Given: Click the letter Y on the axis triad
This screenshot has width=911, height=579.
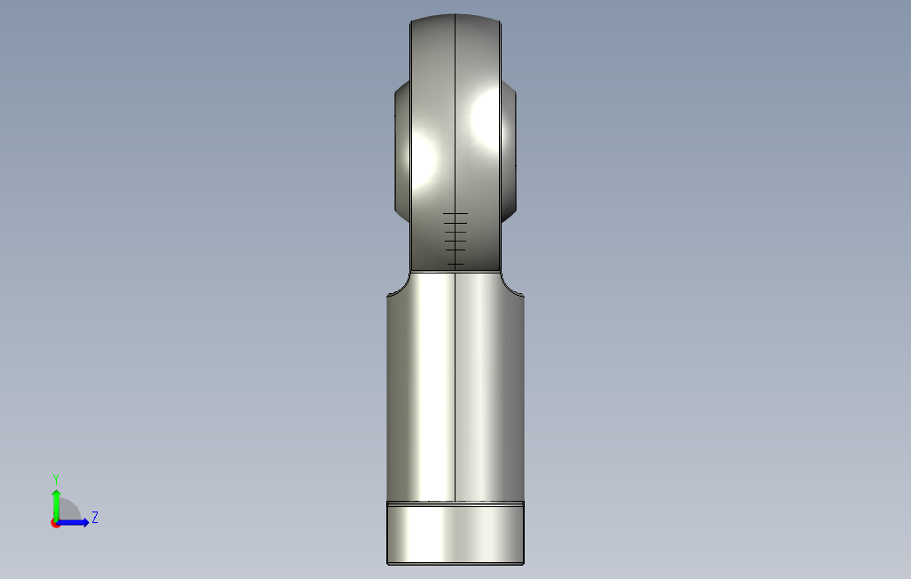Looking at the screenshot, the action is [x=56, y=479].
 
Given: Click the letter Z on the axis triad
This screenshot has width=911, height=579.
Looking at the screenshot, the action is [x=95, y=517].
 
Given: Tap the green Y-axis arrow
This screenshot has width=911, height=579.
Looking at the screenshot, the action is [x=56, y=505].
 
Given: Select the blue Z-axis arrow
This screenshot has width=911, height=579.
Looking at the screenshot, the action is [x=72, y=523].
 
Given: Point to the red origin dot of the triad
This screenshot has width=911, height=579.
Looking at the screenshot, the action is [x=55, y=524].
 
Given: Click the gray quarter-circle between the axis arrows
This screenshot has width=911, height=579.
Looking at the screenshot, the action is [x=68, y=510].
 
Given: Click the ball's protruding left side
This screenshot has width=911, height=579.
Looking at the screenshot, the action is [x=402, y=151].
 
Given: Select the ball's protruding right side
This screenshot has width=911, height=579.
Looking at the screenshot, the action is [x=509, y=151].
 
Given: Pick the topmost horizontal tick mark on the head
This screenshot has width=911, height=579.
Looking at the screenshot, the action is [x=455, y=214].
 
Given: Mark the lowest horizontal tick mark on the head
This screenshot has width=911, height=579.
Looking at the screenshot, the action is [x=455, y=265].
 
